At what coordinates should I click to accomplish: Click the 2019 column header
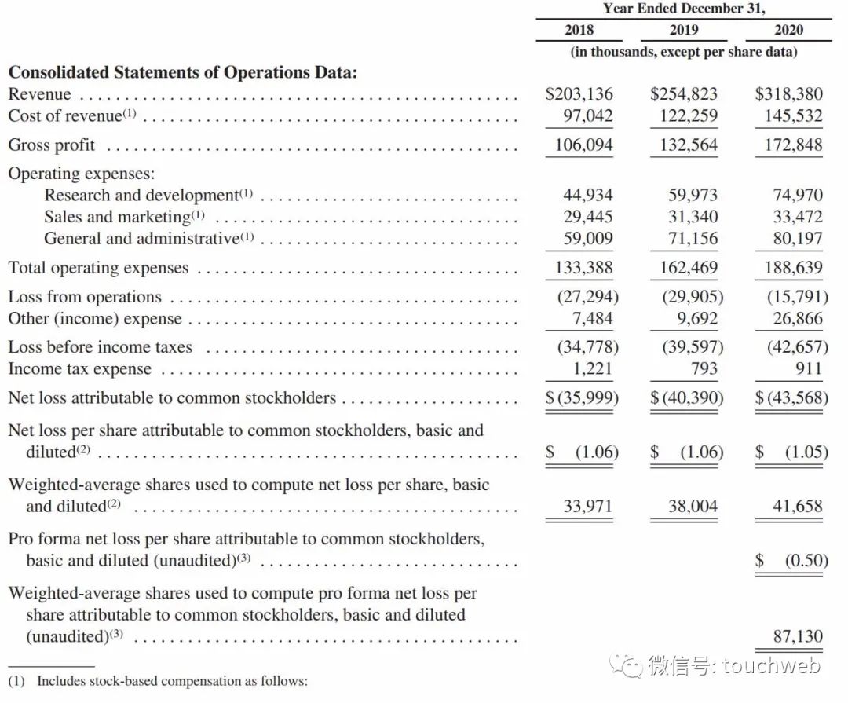684,30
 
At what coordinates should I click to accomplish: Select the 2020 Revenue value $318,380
788,94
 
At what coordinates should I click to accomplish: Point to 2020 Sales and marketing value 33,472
797,217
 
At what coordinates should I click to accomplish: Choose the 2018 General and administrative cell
588,239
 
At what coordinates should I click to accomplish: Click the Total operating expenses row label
99,268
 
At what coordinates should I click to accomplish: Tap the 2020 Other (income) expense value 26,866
797,319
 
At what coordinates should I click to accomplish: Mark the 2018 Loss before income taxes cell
587,347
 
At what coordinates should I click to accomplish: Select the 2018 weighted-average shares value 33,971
588,507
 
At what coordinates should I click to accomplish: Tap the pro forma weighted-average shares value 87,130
797,636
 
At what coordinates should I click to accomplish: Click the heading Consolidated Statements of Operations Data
183,72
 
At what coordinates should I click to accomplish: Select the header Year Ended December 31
683,9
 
